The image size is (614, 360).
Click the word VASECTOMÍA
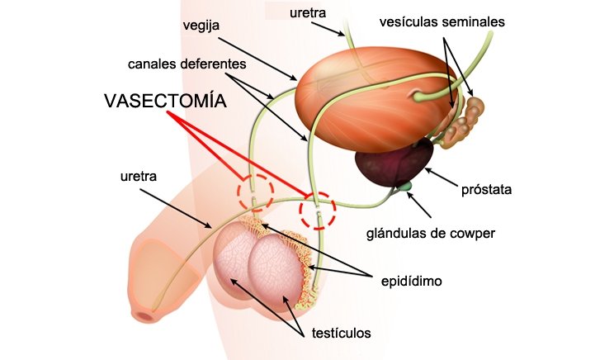coord(165,102)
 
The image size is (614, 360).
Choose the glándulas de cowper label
coord(431,233)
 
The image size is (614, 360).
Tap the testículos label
coord(342,334)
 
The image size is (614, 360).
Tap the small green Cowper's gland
coord(405,189)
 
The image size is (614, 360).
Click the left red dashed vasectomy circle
coord(255,193)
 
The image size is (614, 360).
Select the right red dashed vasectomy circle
coord(318,211)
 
